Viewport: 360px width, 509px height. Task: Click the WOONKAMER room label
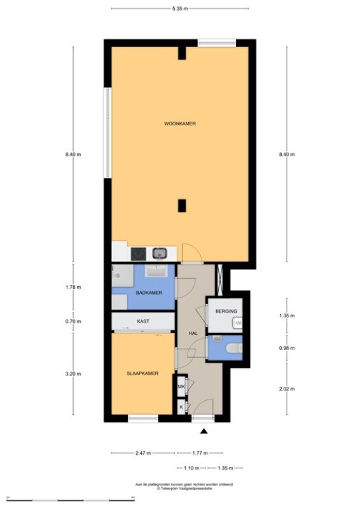tap(180, 123)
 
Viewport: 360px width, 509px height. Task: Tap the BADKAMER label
tap(149, 293)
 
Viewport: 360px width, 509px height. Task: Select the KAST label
tap(143, 321)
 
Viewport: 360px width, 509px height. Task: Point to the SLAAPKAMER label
tap(142, 373)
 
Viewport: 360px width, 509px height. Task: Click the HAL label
tap(193, 333)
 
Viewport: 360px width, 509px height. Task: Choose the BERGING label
tap(226, 311)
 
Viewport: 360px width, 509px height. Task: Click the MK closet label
tap(181, 386)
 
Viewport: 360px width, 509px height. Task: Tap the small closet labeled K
tap(181, 407)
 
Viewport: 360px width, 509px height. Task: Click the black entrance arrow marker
tap(204, 431)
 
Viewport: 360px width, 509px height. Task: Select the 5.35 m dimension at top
tap(180, 9)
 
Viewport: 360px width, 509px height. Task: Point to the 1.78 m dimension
tap(73, 287)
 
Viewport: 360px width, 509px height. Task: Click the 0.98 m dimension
tap(287, 348)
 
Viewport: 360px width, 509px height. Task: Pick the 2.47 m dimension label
tap(143, 453)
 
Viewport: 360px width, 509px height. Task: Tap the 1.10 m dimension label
tap(191, 468)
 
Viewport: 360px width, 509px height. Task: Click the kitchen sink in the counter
tap(160, 253)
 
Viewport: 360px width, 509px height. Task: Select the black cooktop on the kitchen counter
tap(138, 254)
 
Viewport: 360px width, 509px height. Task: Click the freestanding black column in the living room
tap(182, 206)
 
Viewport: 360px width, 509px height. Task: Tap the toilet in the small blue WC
tap(234, 348)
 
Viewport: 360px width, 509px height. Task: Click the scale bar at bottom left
tap(71, 498)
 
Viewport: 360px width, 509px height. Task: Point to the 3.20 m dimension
tap(73, 373)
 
